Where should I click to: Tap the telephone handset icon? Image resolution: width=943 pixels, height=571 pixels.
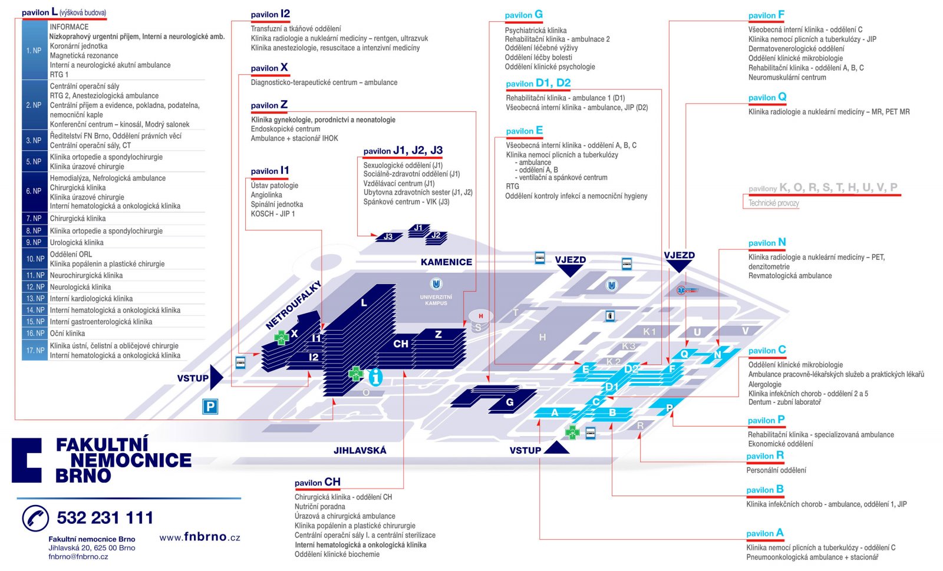pos(35,518)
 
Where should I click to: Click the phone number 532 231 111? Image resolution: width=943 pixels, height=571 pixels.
pos(105,518)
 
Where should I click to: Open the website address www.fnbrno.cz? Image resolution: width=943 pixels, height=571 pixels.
pos(200,536)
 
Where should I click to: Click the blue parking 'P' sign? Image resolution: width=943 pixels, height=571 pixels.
pos(210,406)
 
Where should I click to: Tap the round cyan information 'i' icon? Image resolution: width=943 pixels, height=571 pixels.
pos(375,377)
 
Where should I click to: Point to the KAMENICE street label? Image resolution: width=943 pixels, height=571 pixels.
pos(446,262)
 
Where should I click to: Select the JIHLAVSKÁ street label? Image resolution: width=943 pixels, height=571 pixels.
pos(360,450)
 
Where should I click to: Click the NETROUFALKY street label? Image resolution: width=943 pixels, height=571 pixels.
pos(293,305)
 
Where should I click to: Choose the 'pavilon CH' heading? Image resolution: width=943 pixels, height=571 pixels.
pos(318,482)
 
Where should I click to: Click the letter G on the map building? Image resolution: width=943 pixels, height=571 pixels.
pos(510,402)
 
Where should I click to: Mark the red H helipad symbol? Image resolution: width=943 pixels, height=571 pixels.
pos(481,316)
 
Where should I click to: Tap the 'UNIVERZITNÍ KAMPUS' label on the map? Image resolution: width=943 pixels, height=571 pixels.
pos(436,300)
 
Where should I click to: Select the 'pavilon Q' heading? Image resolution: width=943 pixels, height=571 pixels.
pos(767,97)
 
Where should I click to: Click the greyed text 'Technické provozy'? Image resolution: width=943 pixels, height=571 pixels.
pos(773,203)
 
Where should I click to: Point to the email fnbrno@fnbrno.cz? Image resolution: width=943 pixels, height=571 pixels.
pos(78,556)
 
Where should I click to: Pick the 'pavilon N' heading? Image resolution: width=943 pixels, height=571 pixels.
pos(767,242)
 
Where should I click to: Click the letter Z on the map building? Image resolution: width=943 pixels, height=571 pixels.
pos(438,334)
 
